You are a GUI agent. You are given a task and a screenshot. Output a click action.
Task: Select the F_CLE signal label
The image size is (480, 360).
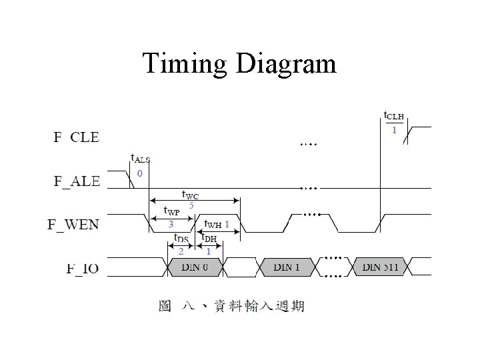76,138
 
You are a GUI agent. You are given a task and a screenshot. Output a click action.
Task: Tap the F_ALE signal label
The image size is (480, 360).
76,181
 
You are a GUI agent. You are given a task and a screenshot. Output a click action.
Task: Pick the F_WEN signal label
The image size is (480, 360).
73,224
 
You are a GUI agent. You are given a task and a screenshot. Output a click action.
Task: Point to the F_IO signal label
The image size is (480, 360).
83,268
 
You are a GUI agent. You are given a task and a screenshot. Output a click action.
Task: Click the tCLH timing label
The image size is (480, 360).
393,116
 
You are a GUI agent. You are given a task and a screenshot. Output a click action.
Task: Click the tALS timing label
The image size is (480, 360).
140,159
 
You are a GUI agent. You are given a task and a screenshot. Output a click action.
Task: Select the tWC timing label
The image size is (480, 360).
191,195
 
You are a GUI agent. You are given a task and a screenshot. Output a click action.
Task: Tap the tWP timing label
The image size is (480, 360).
171,211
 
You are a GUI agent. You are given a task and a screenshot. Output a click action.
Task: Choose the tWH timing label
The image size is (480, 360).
212,225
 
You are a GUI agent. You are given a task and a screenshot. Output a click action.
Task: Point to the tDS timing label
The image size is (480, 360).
181,238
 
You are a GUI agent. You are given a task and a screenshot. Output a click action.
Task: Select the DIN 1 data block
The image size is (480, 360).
286,267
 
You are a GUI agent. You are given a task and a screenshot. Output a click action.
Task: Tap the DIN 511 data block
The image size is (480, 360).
381,267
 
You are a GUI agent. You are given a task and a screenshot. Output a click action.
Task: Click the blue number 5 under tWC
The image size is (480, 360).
191,205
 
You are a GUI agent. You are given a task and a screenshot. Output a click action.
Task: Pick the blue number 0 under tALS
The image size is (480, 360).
139,173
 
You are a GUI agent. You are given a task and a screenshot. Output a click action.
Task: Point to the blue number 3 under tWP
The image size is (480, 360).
171,224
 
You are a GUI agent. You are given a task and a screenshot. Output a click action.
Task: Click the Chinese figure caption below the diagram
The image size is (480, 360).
231,306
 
